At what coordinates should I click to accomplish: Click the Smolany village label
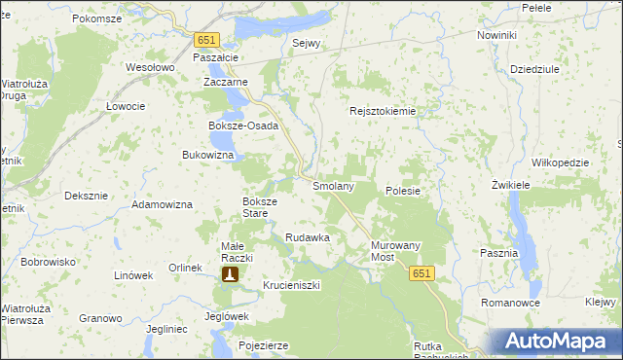pos(332,185)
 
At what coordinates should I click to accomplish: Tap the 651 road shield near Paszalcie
pos(206,40)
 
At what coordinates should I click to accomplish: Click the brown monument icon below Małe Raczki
pos(230,275)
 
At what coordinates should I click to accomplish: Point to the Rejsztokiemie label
pos(383,111)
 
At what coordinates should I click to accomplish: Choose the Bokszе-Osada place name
pos(243,126)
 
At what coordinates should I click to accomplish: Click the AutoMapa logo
pos(556,341)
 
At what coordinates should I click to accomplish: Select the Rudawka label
pos(308,237)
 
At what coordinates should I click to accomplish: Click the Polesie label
pos(403,191)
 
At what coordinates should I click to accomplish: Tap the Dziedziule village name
pos(534,70)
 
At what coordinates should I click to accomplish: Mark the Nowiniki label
pos(496,35)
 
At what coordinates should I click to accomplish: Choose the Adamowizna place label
pos(163,205)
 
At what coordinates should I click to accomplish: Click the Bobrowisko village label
pos(49,262)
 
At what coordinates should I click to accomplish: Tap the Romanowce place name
pos(510,304)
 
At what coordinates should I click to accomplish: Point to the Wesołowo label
pos(150,68)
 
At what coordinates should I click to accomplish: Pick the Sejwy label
pos(307,44)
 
